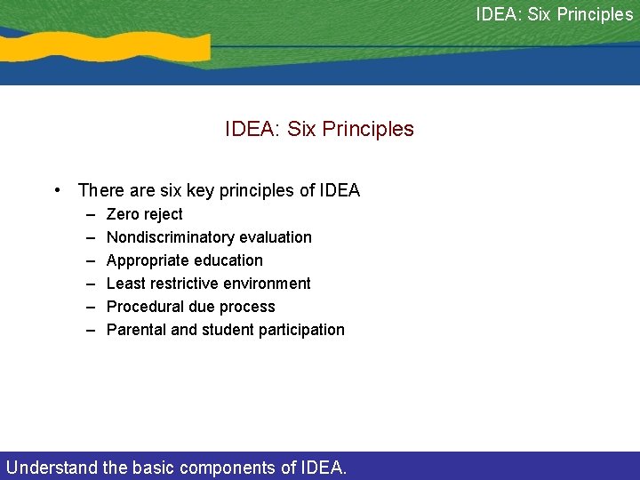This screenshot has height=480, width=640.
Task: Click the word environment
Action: (x=268, y=284)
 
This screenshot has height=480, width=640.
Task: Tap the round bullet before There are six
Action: (x=57, y=190)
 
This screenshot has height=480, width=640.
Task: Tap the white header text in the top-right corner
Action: (x=554, y=14)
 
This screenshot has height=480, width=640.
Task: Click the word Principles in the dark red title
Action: (x=368, y=129)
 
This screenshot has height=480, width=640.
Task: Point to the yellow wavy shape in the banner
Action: (x=116, y=46)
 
